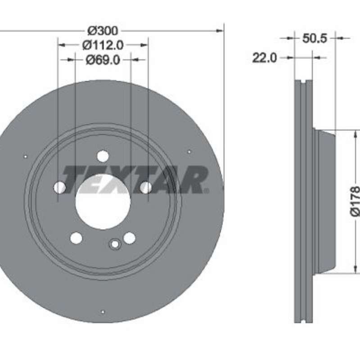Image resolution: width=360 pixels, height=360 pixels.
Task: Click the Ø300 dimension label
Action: coord(103,31)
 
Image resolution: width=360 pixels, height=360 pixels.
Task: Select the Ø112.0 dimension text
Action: coord(103,45)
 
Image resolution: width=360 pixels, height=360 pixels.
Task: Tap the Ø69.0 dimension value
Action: coord(103,60)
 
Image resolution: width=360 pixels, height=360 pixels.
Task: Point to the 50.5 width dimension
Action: coord(314,38)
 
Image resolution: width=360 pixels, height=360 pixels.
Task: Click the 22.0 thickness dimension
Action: coord(265,58)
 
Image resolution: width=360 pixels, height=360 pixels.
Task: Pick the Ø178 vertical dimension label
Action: coord(355,201)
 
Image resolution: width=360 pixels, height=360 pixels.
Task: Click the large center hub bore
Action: coord(103,202)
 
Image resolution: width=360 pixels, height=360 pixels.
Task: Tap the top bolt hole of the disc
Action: coord(103,156)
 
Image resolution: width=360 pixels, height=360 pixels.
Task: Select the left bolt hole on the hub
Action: coord(60,187)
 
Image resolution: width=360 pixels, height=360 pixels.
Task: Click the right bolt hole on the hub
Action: coord(146,187)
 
